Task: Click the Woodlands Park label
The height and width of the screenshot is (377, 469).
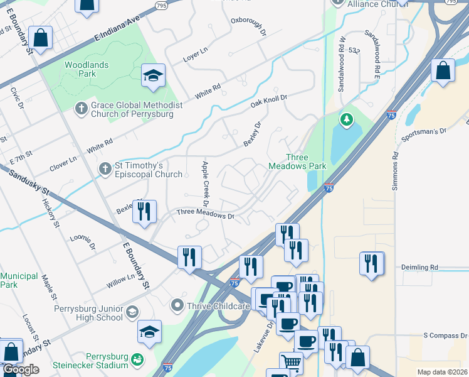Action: point(86,69)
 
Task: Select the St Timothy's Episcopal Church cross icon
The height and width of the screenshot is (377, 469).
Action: point(105,168)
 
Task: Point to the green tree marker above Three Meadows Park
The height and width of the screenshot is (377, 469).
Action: point(345,119)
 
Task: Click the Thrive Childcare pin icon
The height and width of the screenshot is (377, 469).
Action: point(177,306)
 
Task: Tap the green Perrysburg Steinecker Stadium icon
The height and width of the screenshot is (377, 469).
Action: point(136,361)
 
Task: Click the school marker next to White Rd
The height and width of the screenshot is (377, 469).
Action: point(152,76)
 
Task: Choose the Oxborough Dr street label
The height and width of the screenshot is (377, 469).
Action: point(248,30)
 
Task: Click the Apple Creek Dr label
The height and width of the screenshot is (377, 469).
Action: point(204,183)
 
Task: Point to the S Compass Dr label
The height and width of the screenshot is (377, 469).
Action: point(445,336)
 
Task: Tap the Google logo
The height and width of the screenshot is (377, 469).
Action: point(21,369)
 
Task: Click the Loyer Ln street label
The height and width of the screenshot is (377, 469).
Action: point(195,50)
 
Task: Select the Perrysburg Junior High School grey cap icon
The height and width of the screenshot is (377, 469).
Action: point(132,312)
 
